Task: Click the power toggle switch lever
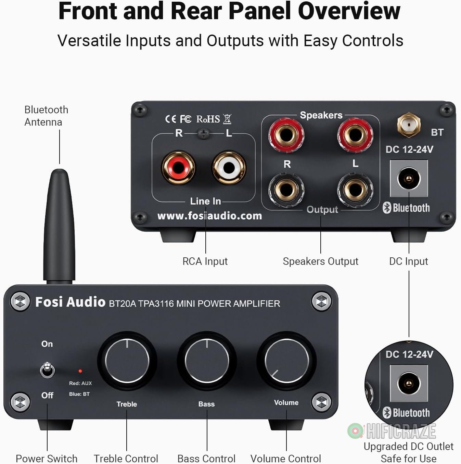point(47,370)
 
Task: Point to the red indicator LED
point(80,371)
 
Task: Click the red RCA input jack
point(178,168)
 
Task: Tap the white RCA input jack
point(229,168)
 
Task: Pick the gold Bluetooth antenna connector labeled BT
point(409,125)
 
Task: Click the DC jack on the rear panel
point(409,179)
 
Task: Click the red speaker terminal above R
point(286,134)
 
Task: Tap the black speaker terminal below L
point(355,190)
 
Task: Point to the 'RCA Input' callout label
point(205,261)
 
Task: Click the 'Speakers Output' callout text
point(320,261)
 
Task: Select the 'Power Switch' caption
point(47,458)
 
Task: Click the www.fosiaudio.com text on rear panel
point(209,216)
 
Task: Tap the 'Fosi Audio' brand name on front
point(70,302)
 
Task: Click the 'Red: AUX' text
point(80,383)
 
